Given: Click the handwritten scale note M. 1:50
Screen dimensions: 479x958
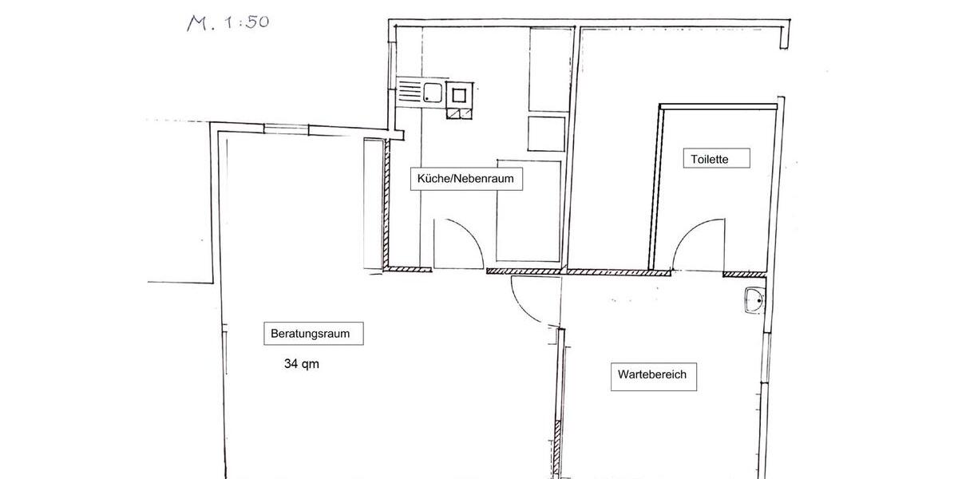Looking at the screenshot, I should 228,22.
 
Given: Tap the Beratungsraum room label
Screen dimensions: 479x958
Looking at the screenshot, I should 313,334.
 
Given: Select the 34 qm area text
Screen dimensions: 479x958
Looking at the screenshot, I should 301,364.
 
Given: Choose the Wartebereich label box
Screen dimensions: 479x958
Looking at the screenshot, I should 654,374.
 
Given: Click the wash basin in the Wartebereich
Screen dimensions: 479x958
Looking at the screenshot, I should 753,301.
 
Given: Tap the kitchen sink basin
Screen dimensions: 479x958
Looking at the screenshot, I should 433,92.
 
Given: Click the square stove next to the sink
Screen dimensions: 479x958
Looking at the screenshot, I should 460,94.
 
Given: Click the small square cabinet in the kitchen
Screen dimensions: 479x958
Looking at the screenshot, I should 546,133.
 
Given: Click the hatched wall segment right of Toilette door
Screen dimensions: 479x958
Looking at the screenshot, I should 743,275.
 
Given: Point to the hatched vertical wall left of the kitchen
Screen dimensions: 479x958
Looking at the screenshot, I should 386,204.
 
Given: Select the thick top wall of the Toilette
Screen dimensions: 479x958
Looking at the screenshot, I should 718,106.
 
